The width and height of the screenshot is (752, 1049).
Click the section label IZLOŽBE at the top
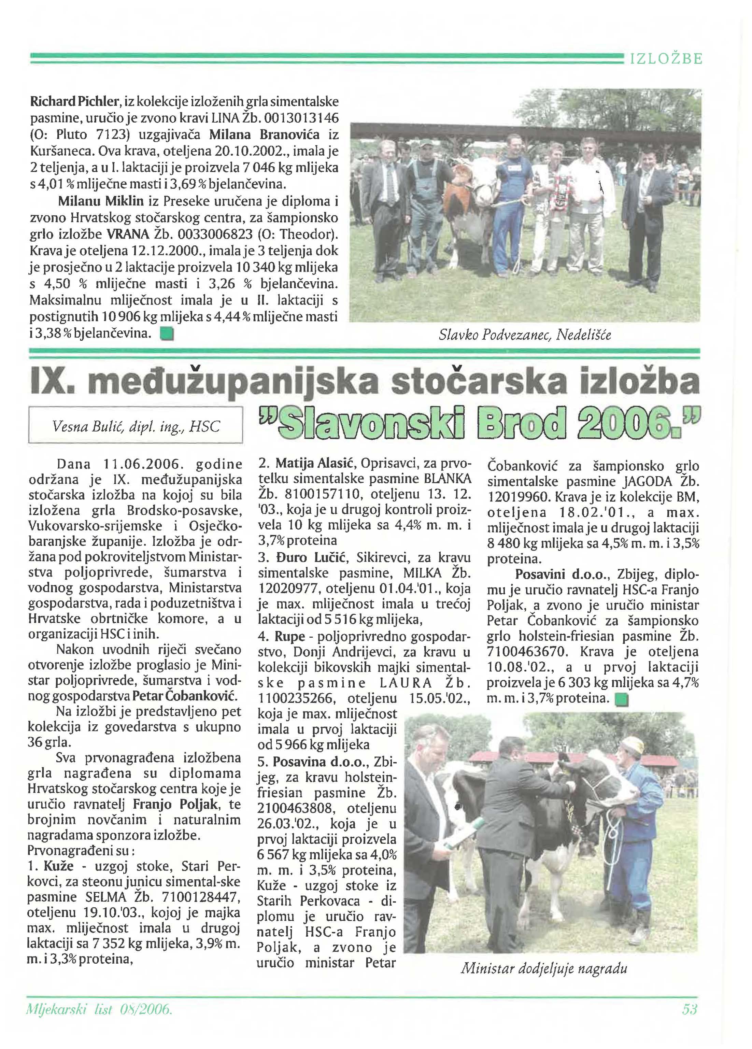(666, 59)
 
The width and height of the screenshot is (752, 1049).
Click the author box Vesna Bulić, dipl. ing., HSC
(136, 425)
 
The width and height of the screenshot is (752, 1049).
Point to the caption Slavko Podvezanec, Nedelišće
(524, 335)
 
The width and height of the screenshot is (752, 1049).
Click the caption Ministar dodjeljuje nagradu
(543, 968)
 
